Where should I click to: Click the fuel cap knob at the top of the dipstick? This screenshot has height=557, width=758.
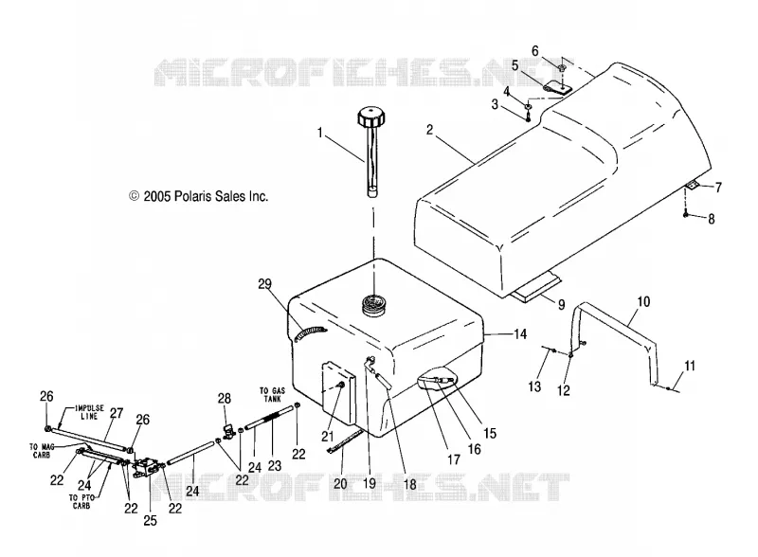tap(371, 117)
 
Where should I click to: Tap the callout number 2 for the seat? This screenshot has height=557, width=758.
tap(430, 130)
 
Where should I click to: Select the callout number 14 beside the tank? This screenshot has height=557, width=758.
tap(519, 334)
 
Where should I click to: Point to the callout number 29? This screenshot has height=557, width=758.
tap(265, 284)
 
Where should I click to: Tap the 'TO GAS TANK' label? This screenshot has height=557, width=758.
tap(273, 394)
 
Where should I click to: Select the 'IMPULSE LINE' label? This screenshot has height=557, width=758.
tap(89, 412)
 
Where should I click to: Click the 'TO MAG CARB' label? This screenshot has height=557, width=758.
tap(41, 451)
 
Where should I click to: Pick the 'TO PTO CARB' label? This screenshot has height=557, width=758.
tap(81, 501)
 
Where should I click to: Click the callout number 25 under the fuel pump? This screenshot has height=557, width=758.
tap(151, 520)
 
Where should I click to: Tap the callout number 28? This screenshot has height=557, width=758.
tap(225, 399)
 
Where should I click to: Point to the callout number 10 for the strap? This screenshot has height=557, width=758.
tap(643, 301)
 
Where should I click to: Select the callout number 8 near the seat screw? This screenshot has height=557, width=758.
tap(712, 219)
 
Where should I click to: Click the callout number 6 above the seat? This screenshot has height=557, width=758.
tap(535, 51)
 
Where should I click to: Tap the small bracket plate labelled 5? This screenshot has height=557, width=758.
tap(557, 88)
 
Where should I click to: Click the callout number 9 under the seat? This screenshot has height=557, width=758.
tap(561, 305)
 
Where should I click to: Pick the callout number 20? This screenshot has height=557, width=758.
tap(340, 483)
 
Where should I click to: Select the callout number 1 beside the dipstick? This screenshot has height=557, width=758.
tap(319, 133)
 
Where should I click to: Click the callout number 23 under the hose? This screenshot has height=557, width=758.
tap(275, 466)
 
